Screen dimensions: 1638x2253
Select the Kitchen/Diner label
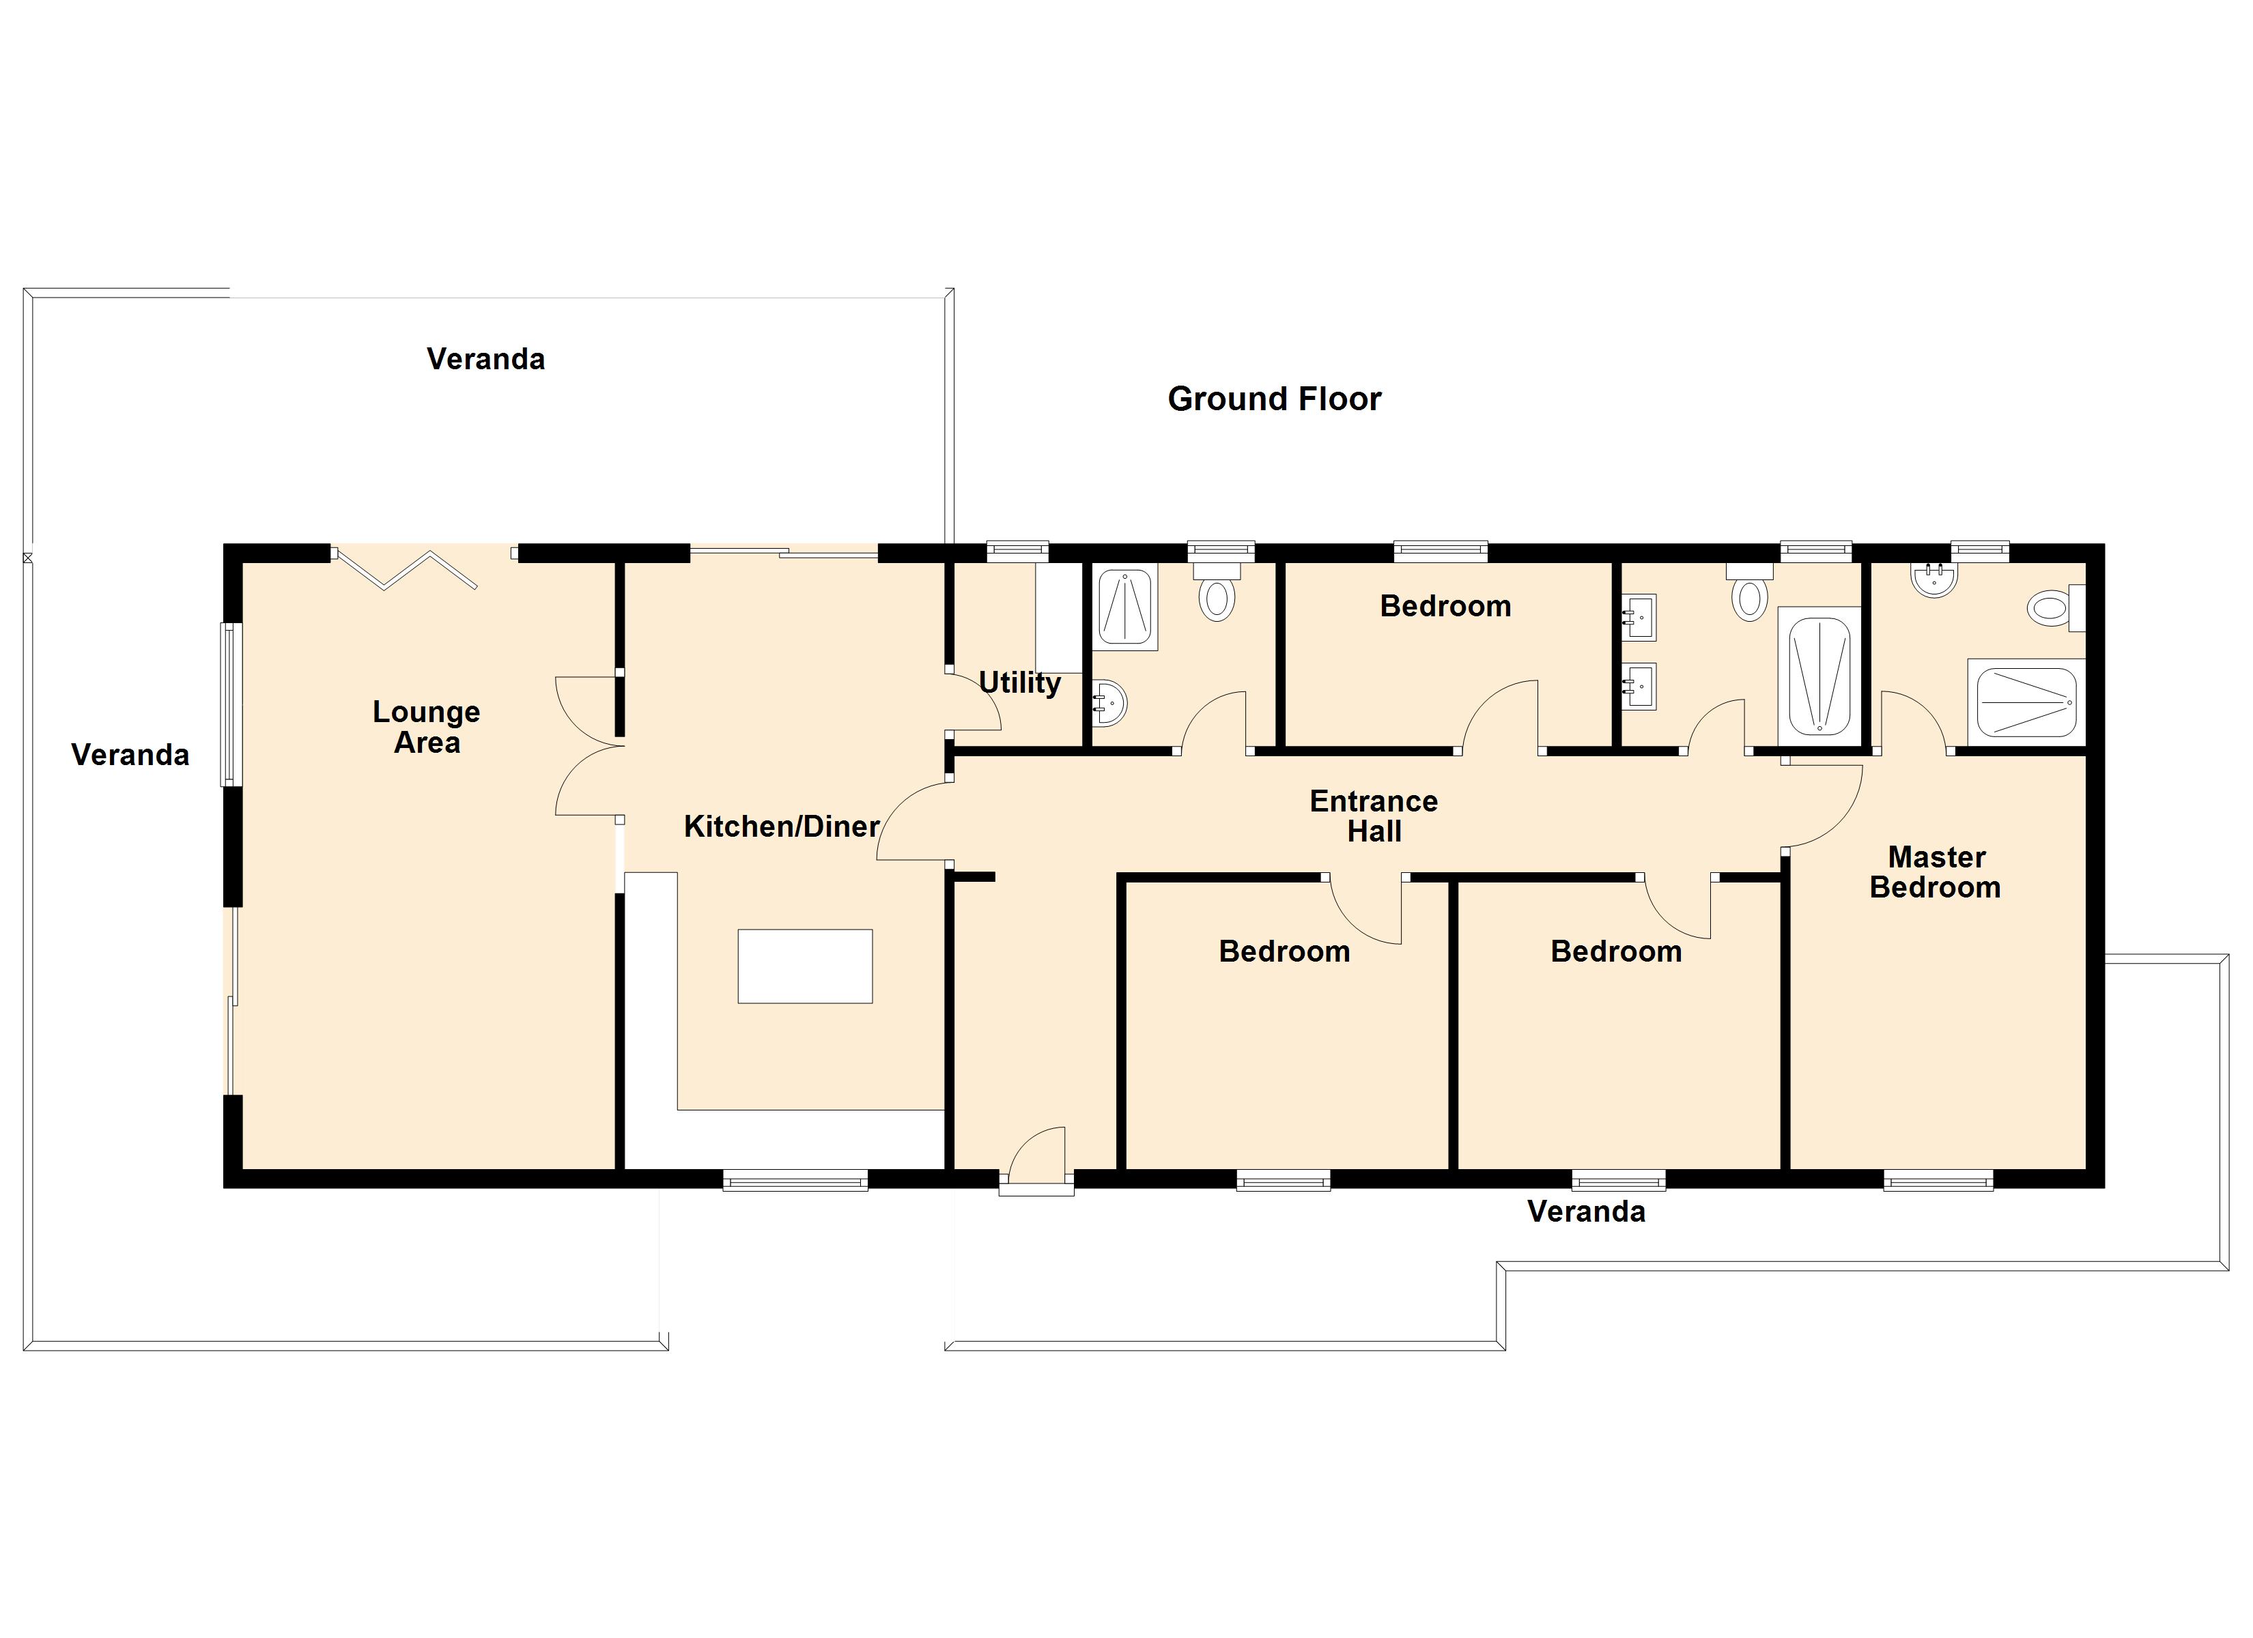click(781, 827)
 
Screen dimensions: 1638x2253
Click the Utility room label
click(1019, 682)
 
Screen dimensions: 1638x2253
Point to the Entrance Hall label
click(1373, 816)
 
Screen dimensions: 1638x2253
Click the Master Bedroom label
click(1935, 872)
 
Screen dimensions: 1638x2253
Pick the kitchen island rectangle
click(805, 966)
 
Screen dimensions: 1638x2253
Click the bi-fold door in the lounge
click(408, 569)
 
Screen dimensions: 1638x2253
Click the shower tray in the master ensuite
click(2026, 702)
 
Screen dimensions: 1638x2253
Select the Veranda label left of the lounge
click(130, 755)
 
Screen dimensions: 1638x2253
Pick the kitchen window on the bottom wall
click(795, 1180)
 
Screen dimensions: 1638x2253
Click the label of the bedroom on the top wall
click(1445, 606)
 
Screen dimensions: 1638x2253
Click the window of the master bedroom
click(1937, 1180)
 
